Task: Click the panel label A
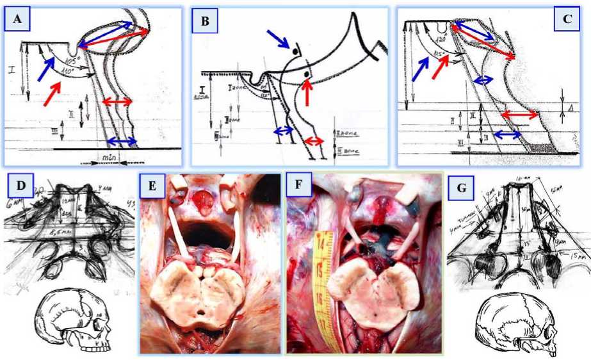pyautogui.click(x=17, y=22)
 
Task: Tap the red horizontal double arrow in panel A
pyautogui.click(x=118, y=102)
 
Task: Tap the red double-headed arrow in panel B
pyautogui.click(x=313, y=141)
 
